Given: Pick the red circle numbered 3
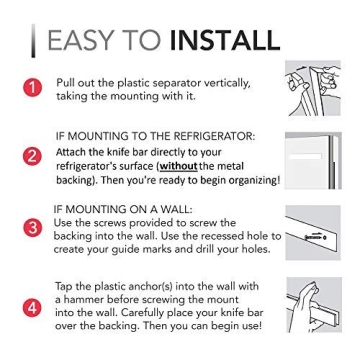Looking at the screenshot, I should pos(34,229).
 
